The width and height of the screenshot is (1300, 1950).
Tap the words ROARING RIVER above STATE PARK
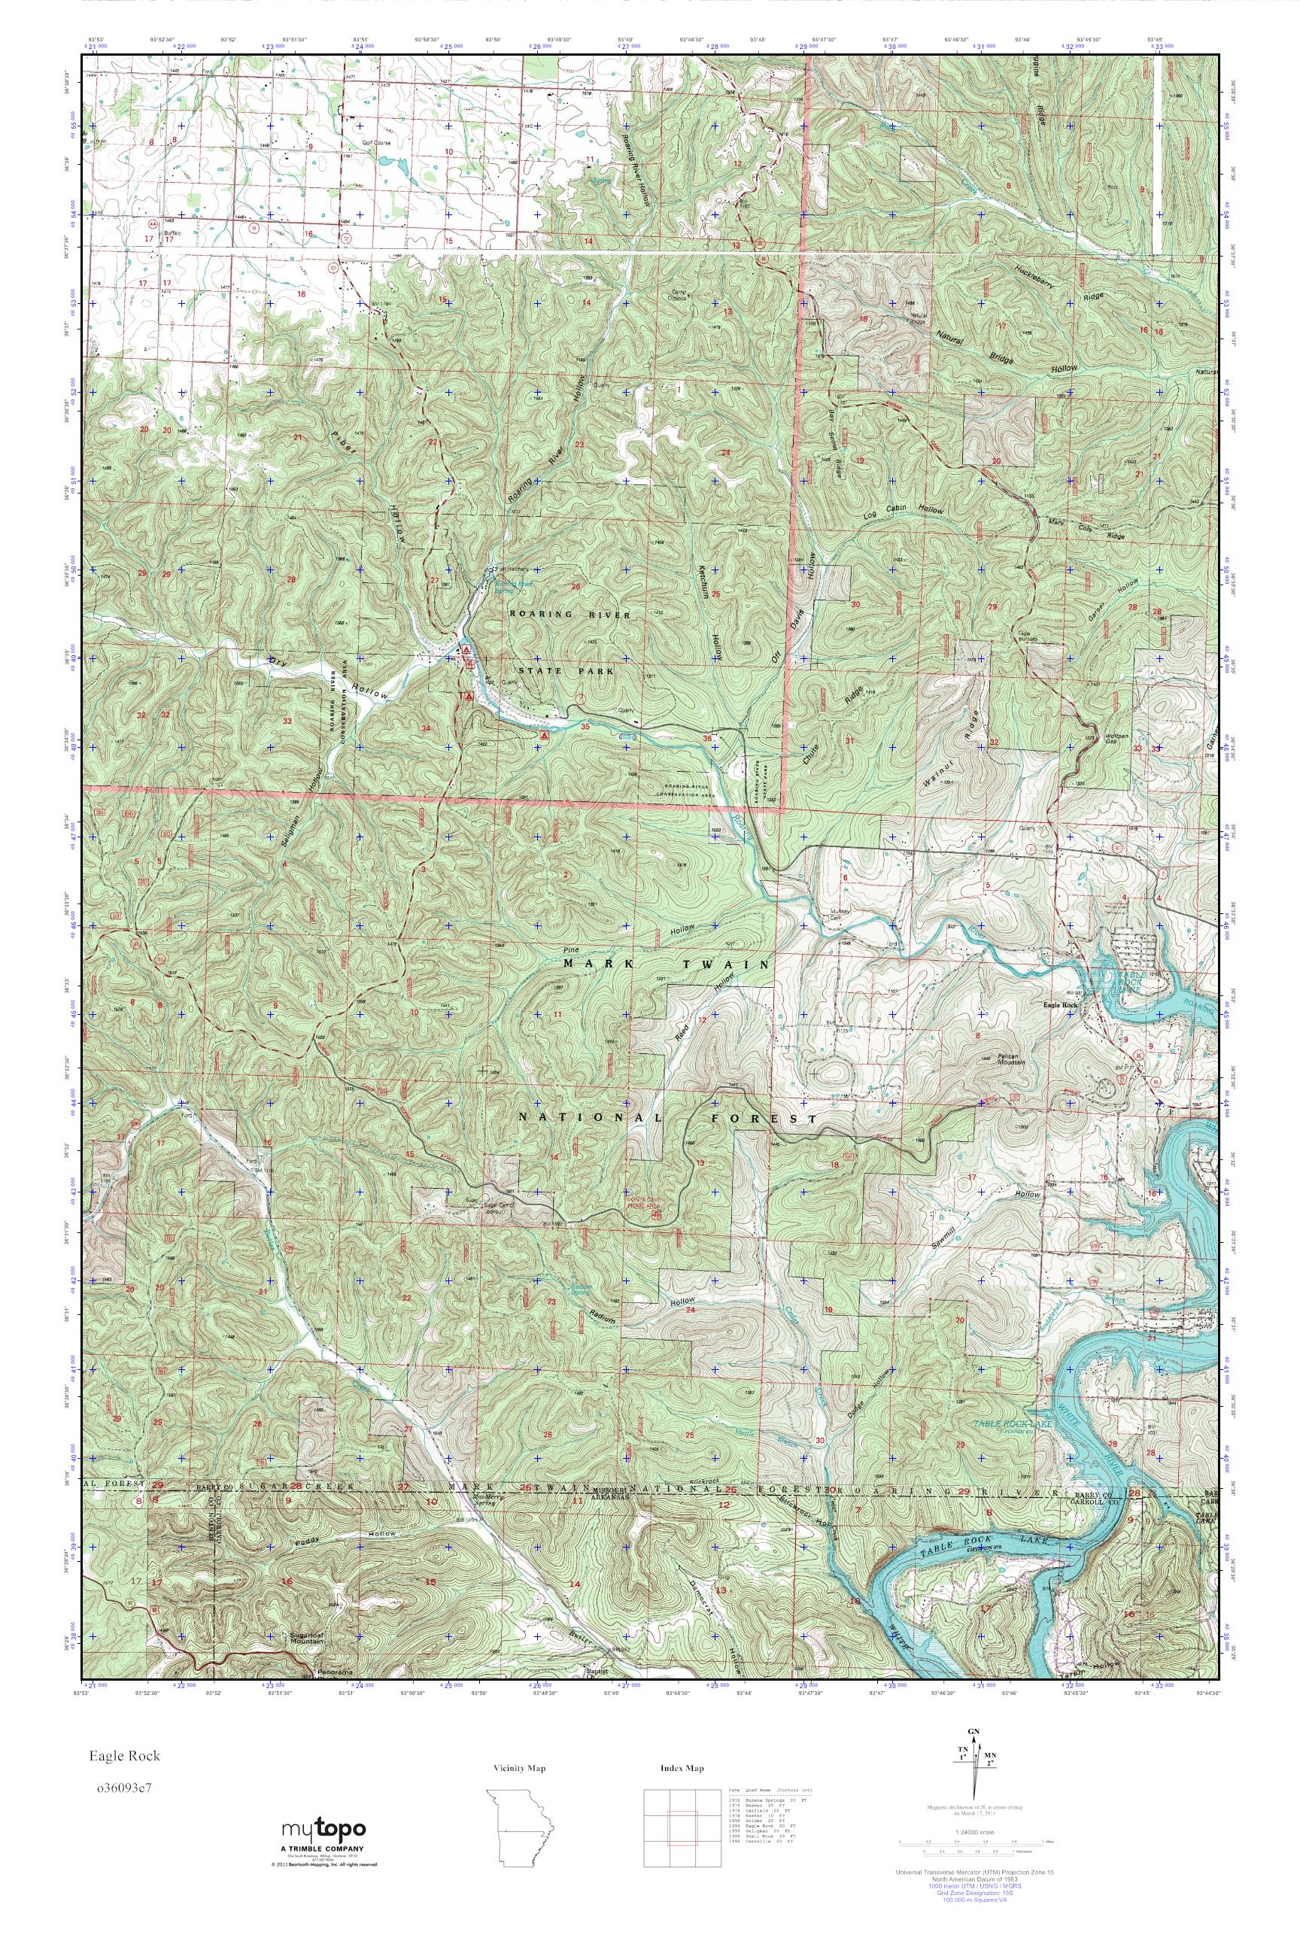click(570, 615)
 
